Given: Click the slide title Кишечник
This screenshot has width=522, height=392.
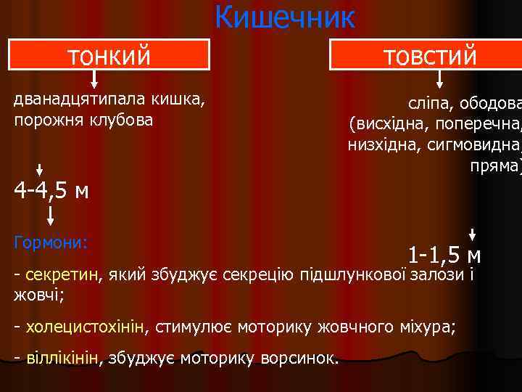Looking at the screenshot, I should click(x=284, y=17).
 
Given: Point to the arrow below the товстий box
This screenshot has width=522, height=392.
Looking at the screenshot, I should click(x=426, y=79).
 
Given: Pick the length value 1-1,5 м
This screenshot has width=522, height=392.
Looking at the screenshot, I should click(x=444, y=255).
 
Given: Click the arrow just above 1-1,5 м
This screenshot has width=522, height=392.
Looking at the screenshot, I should click(x=472, y=234).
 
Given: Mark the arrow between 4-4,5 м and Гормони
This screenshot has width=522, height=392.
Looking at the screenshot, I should click(x=51, y=214).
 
